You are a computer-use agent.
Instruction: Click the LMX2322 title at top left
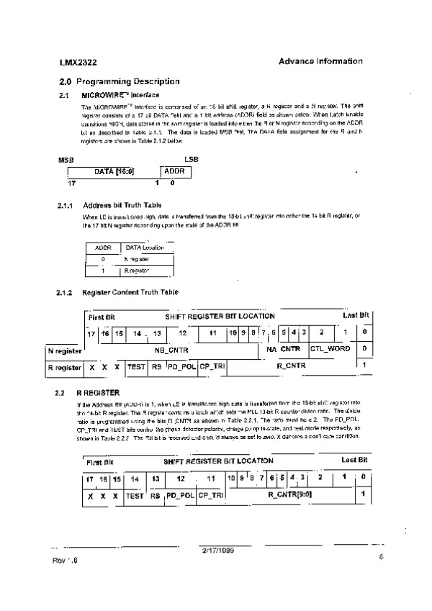[x=76, y=62]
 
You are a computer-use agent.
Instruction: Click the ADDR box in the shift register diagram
[x=174, y=172]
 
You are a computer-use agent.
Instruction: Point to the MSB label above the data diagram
[x=66, y=158]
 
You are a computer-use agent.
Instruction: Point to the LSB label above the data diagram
[x=191, y=158]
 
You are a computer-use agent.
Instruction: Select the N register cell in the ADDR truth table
[x=137, y=258]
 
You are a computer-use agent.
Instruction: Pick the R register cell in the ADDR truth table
[x=137, y=271]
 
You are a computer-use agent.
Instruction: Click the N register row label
[x=65, y=350]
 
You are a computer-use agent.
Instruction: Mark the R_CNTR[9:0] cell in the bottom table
[x=289, y=495]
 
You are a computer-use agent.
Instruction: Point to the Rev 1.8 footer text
[x=64, y=559]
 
